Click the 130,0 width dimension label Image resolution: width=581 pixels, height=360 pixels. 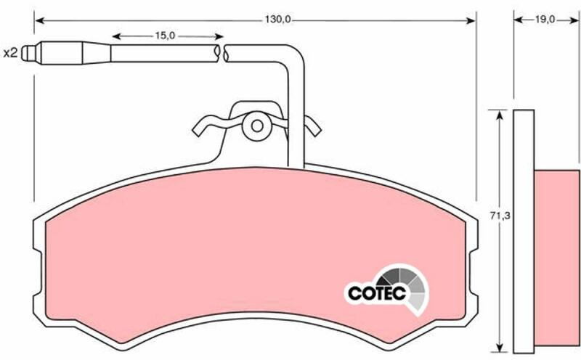click(277, 20)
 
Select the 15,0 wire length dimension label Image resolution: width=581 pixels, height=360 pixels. click(165, 36)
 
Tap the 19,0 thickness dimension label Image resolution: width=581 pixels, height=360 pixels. click(545, 20)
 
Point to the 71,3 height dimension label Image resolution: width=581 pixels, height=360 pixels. click(500, 216)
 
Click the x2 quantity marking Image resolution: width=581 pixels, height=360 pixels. click(10, 53)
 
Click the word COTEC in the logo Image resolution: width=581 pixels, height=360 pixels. click(377, 294)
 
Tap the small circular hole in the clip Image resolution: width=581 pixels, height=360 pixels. click(257, 126)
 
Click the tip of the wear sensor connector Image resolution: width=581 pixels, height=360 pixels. click(23, 53)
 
